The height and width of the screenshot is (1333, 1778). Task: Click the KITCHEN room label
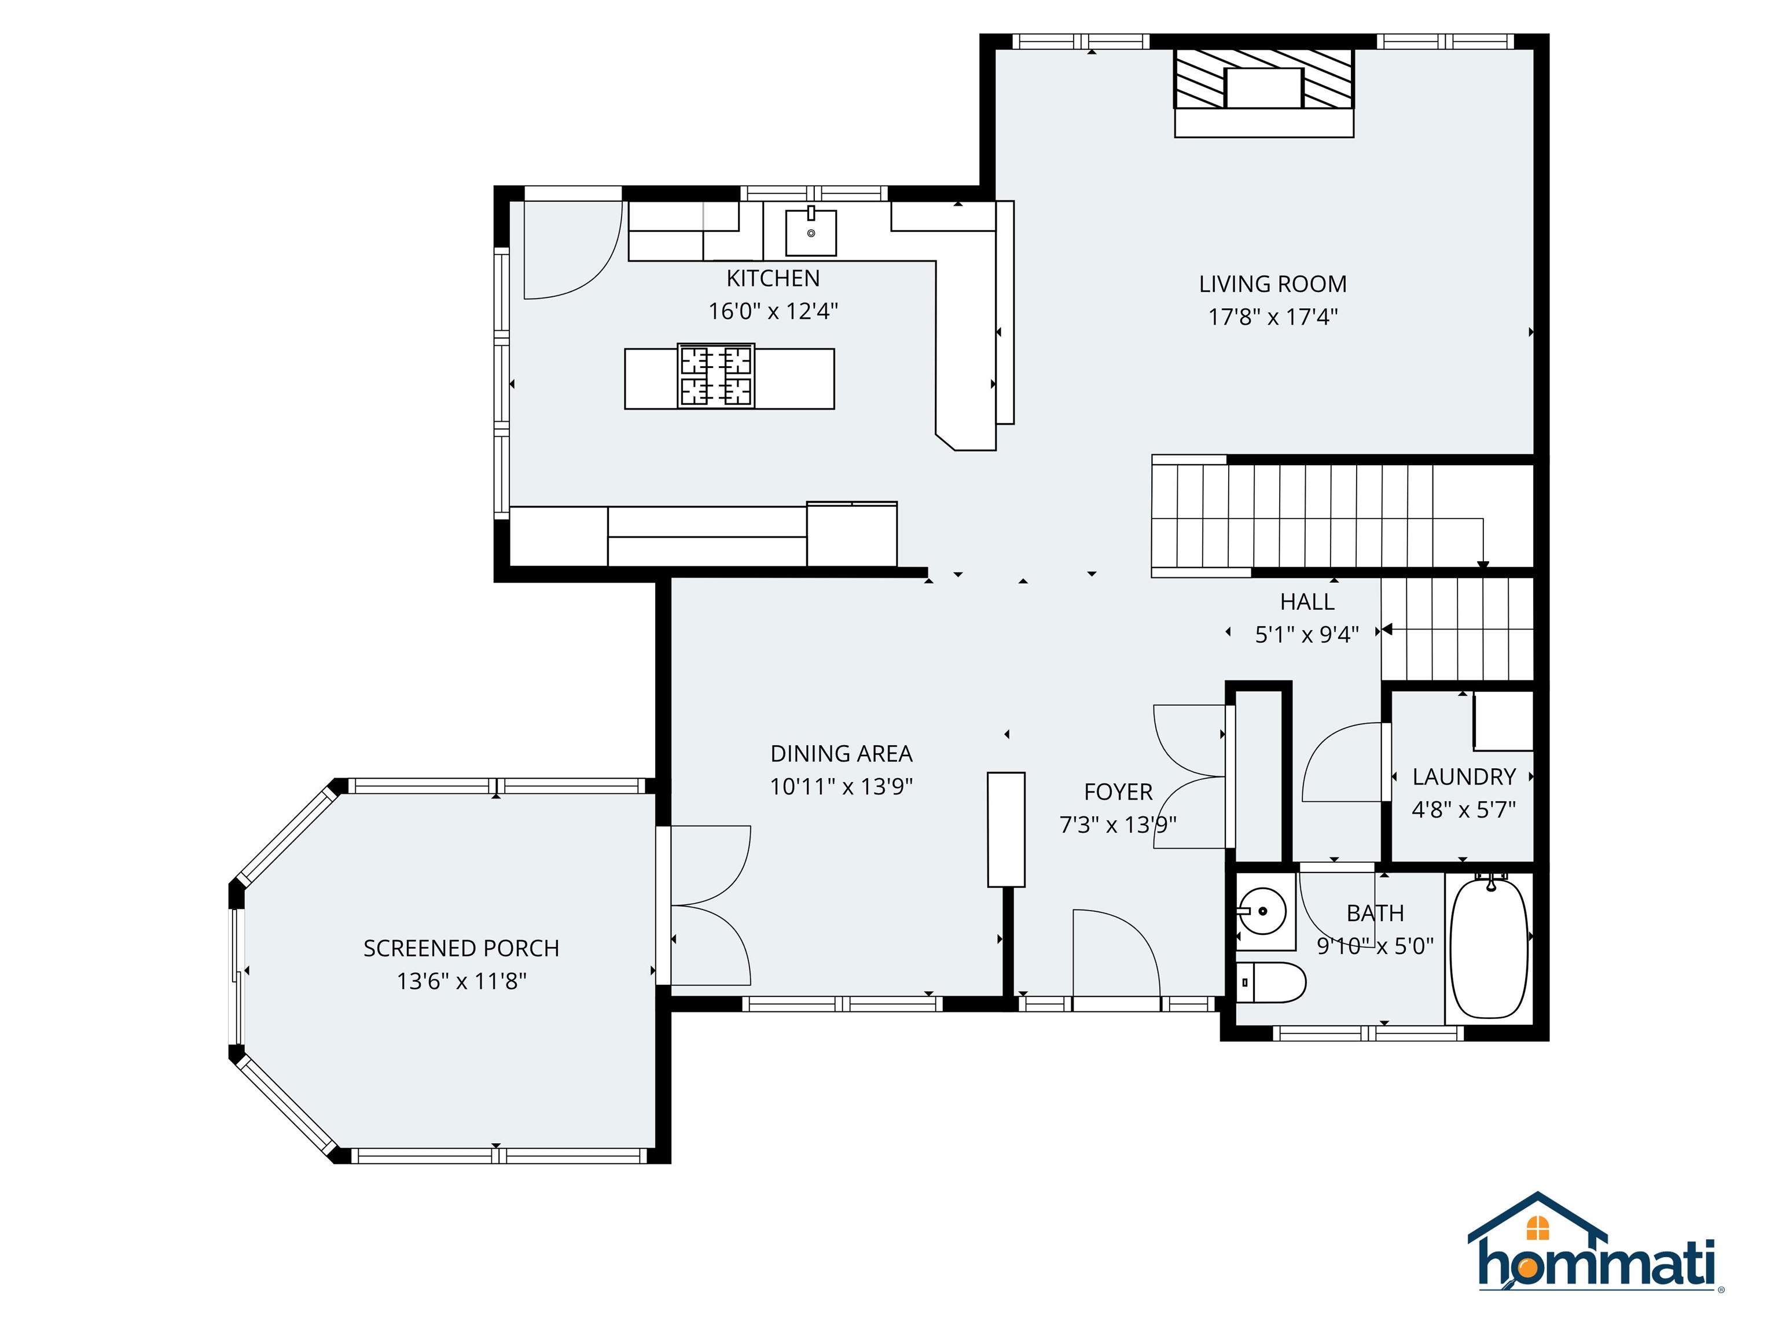click(x=773, y=278)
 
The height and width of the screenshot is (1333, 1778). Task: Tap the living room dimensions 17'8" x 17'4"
click(x=1272, y=316)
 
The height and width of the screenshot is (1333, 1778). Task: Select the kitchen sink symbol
click(x=810, y=231)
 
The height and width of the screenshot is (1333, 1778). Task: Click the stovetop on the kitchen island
click(x=715, y=376)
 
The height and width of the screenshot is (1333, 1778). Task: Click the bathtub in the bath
click(x=1489, y=948)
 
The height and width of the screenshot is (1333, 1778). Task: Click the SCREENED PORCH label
click(x=461, y=948)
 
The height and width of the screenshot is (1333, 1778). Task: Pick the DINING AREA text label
click(x=841, y=754)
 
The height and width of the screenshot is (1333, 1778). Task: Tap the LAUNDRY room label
click(x=1464, y=777)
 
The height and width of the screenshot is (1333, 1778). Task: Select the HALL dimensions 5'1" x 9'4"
click(x=1307, y=635)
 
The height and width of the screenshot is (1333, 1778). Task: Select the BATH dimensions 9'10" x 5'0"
click(x=1375, y=947)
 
